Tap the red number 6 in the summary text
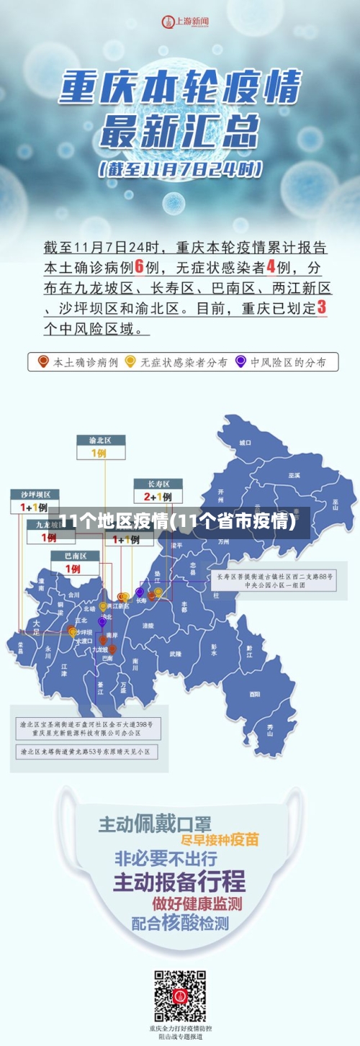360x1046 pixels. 140,268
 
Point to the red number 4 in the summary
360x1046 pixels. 271,268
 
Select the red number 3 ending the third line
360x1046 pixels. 321,307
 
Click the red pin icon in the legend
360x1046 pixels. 44,361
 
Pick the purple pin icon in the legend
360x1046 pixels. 240,361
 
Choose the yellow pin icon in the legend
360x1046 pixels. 130,361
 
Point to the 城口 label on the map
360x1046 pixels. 246,443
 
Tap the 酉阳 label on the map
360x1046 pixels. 255,694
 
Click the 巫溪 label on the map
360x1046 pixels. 294,476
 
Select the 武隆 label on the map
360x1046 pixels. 176,654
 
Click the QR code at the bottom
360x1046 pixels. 180,996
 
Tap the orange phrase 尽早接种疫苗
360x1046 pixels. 220,840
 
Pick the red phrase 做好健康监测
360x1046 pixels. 197,903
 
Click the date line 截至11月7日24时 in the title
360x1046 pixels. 180,171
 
